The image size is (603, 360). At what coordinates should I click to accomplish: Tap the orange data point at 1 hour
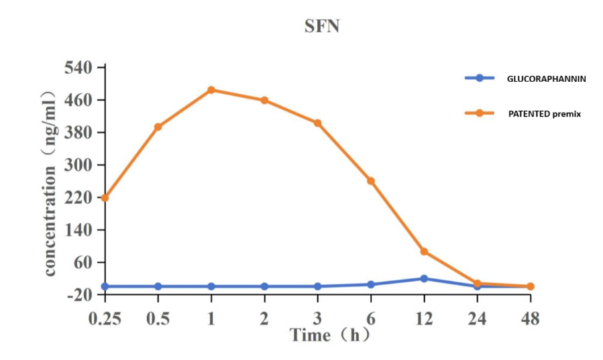211,90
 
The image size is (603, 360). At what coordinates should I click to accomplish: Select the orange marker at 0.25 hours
105,198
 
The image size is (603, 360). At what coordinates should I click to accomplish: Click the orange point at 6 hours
371,181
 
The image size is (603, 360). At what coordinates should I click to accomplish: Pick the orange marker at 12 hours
424,251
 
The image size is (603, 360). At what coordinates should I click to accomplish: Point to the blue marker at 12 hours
424,278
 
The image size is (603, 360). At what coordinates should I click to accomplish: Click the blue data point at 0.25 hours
105,286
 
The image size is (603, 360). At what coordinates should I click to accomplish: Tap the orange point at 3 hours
318,123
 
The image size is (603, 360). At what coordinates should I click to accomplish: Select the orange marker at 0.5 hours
158,127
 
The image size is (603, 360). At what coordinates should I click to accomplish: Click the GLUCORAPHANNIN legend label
547,78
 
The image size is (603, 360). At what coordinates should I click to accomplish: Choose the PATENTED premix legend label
544,114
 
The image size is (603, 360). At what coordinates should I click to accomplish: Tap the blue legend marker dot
480,78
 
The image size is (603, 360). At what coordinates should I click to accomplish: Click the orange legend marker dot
480,113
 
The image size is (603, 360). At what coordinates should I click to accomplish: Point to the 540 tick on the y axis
79,68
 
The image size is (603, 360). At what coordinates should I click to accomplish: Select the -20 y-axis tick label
79,295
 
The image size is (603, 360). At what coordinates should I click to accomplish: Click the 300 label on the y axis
79,166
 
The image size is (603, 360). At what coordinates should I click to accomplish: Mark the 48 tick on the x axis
530,318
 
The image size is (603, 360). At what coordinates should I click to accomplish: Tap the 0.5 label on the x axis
158,318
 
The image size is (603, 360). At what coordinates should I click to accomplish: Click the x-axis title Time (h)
329,335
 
